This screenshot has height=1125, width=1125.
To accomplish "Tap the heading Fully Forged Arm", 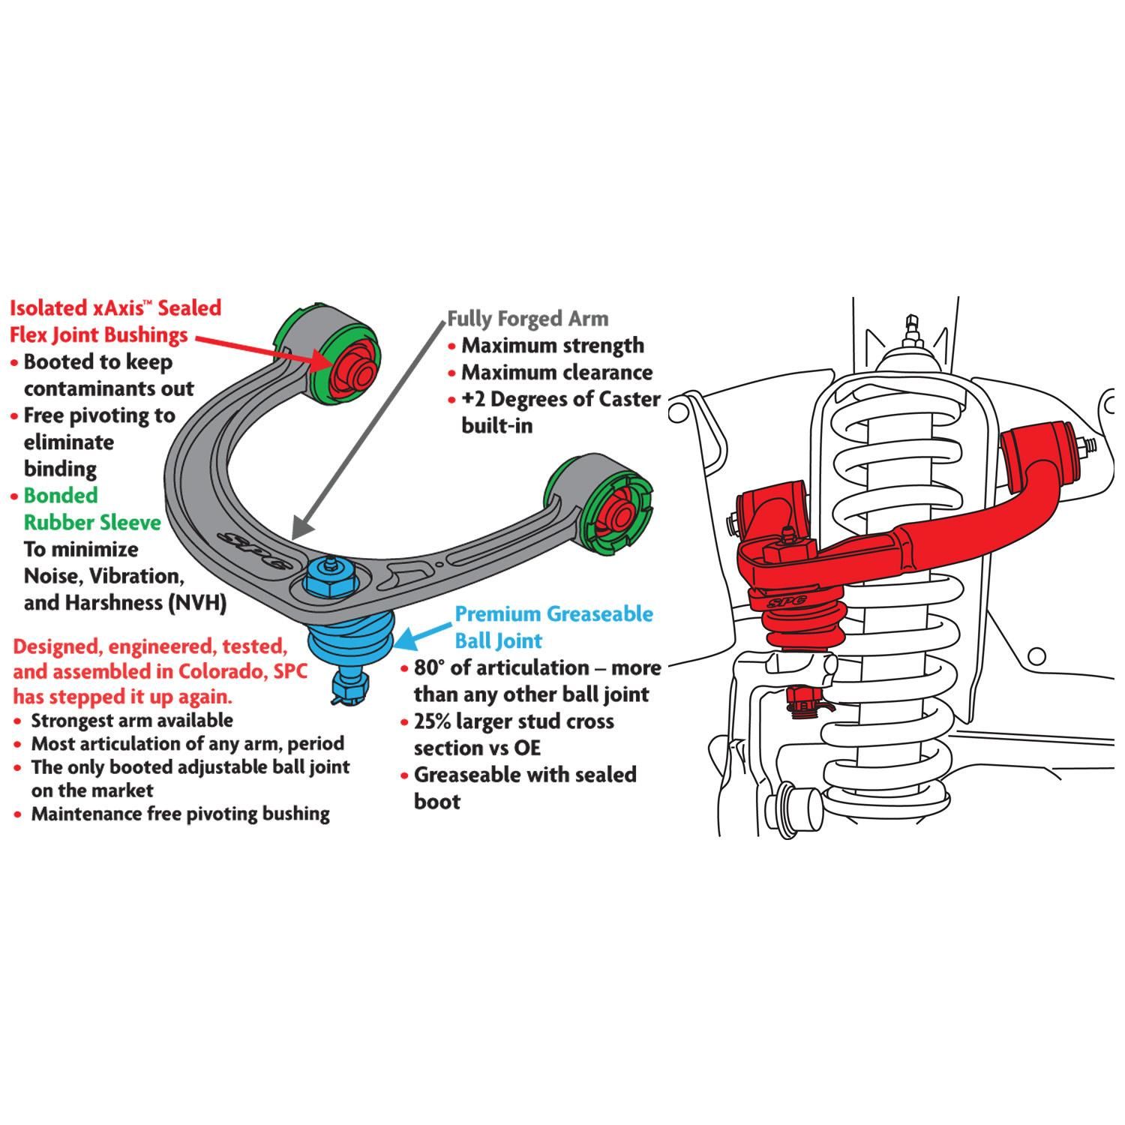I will tap(527, 319).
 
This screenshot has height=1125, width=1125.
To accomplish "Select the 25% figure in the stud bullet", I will tap(433, 721).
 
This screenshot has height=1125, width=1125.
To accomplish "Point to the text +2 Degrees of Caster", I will tap(559, 399).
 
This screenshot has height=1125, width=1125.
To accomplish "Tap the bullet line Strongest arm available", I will tap(131, 721).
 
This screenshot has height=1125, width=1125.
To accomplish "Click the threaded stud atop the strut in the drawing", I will tap(912, 328).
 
